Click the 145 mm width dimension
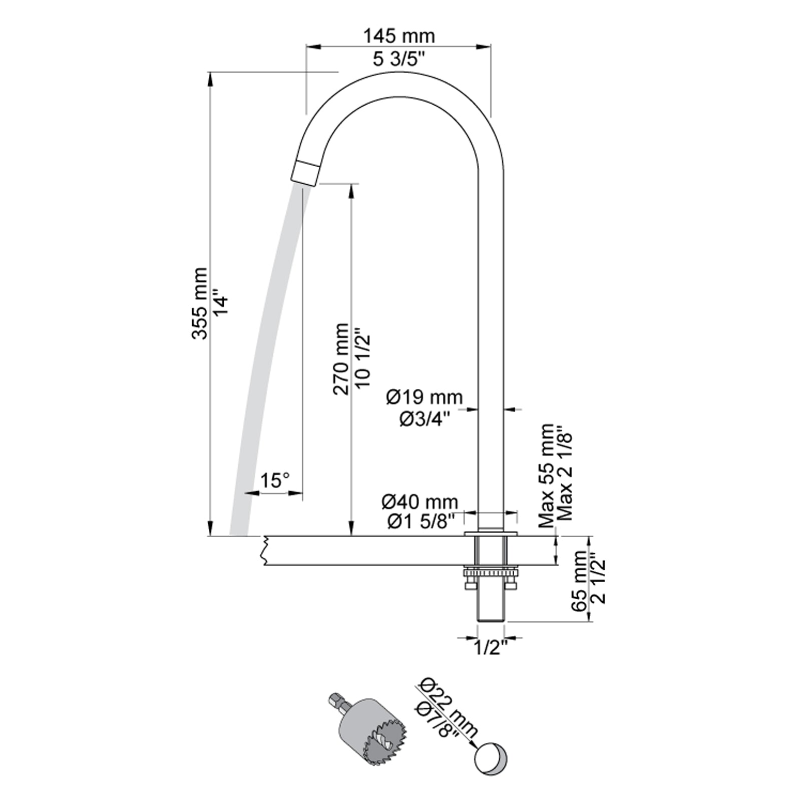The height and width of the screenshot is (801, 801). click(x=398, y=36)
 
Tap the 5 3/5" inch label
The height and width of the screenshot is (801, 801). click(x=398, y=59)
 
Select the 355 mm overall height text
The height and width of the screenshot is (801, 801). click(x=199, y=303)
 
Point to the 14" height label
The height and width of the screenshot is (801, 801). click(x=221, y=303)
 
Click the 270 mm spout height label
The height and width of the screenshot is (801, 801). click(x=341, y=358)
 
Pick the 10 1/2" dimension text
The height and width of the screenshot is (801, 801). click(x=363, y=357)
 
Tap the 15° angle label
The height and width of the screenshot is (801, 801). click(x=275, y=481)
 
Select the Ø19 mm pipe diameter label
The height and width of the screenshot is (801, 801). click(x=424, y=397)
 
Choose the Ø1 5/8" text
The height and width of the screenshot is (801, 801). click(x=421, y=522)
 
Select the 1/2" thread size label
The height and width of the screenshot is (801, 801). click(x=490, y=648)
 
